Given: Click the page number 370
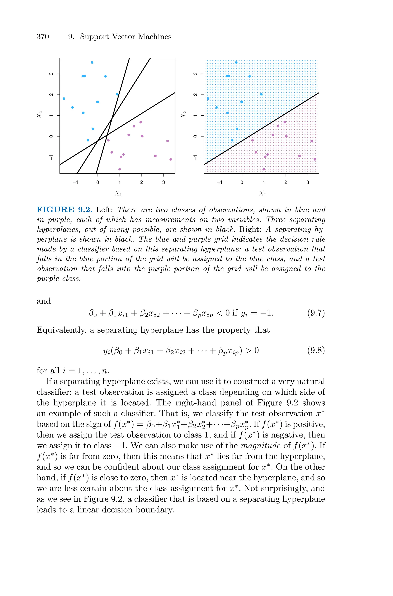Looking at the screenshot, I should pos(43,37).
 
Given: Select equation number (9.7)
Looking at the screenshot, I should pos(316,313).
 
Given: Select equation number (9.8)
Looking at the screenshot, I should pos(316,350).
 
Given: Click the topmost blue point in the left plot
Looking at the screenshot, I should pos(92,62).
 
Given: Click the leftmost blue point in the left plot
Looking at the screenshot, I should pos(64,98).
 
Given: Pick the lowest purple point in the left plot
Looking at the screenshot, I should pos(120,169).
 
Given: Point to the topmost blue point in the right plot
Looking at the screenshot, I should pos(236,62).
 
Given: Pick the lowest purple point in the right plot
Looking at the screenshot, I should pos(264,169).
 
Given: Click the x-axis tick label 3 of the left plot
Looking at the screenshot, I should pos(163,183).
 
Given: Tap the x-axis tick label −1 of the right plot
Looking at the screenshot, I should pos(220,183).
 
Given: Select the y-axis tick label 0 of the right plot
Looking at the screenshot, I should pos(195,136).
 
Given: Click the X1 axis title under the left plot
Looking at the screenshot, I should pos(118,193).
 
